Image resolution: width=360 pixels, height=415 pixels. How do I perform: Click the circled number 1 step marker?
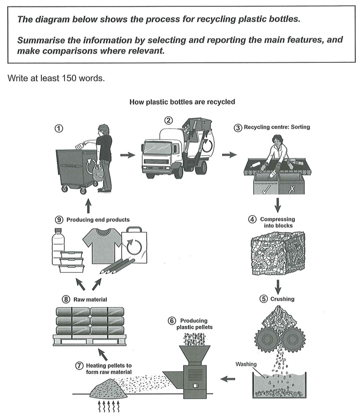(59, 130)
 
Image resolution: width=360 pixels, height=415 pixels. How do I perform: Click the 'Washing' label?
(246, 364)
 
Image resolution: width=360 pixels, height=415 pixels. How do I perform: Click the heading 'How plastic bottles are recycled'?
(182, 102)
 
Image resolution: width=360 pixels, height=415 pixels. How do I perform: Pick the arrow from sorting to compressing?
(278, 205)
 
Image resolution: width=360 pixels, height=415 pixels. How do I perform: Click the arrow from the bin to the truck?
(128, 155)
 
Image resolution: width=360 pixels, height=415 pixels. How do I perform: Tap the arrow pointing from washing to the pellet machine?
(229, 379)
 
